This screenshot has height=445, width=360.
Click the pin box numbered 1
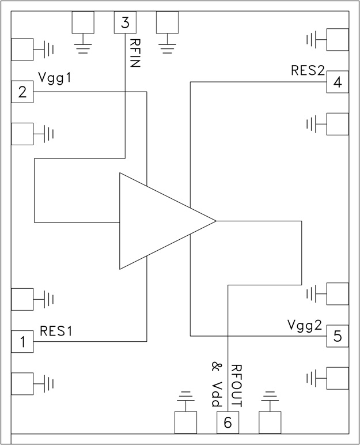click(x=22, y=342)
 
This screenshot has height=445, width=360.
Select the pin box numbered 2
click(x=22, y=92)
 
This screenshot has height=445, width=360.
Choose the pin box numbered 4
click(x=338, y=82)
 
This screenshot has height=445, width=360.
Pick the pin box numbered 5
click(x=338, y=335)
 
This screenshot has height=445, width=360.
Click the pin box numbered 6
click(x=228, y=423)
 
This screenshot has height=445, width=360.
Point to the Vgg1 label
click(x=55, y=77)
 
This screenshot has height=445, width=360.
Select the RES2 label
click(x=308, y=71)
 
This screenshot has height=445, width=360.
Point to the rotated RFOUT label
click(x=236, y=386)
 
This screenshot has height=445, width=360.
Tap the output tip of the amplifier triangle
click(x=214, y=221)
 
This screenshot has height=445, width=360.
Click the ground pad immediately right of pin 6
click(x=270, y=423)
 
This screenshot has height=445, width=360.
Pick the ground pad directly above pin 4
click(x=338, y=40)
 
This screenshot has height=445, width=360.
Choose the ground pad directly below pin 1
click(x=22, y=384)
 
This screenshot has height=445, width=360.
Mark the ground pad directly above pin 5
click(x=338, y=293)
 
